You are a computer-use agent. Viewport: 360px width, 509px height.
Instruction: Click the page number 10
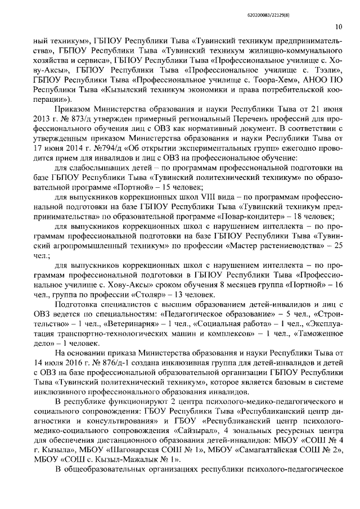(339, 26)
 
